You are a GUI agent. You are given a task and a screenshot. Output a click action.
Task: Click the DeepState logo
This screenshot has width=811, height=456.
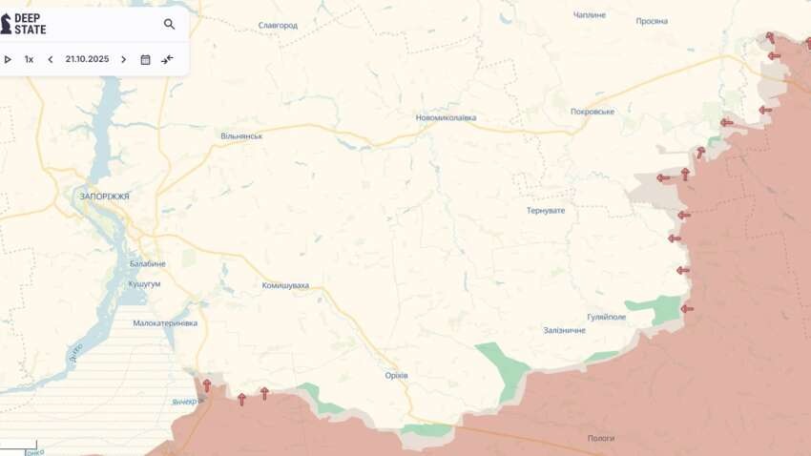(x=23, y=24)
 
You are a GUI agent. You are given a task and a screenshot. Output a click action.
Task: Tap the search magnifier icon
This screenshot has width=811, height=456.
(x=169, y=24)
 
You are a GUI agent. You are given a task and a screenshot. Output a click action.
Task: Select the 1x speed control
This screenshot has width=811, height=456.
(x=29, y=59)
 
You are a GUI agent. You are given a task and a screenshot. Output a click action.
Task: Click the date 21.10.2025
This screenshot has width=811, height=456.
(x=87, y=59)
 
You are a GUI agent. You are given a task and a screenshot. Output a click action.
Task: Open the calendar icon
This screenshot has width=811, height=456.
(x=145, y=59)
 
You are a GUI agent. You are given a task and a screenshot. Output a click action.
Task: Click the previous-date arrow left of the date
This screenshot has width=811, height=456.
(x=51, y=59)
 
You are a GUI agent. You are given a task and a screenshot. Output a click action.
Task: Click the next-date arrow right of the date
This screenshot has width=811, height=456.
(x=123, y=59)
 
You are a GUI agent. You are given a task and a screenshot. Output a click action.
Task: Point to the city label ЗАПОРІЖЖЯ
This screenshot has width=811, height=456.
(x=104, y=196)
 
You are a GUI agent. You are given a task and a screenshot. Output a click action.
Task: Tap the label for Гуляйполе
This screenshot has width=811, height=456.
(x=606, y=316)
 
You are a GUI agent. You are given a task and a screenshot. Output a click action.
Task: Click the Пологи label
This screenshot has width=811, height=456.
(x=601, y=438)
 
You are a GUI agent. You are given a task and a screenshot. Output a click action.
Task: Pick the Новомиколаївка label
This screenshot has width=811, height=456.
(x=446, y=118)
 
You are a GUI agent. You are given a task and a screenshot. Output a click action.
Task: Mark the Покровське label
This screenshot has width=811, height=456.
(x=592, y=112)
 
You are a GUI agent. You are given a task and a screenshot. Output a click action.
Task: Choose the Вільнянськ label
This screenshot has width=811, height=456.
(x=241, y=136)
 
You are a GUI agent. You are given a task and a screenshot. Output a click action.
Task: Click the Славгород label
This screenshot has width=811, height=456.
(x=278, y=26)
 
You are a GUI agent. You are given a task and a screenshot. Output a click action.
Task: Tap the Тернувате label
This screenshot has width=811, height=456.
(x=546, y=210)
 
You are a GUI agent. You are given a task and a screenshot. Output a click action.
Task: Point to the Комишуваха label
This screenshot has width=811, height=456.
(x=285, y=285)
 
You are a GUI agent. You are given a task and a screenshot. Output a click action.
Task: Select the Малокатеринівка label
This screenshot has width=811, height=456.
(x=165, y=323)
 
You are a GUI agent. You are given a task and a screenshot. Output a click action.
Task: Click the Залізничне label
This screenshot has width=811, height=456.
(x=564, y=330)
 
